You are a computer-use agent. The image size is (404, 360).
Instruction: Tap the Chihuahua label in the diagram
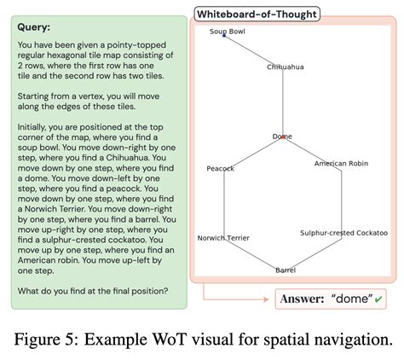[285, 67]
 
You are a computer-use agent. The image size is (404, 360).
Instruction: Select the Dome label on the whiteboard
[282, 136]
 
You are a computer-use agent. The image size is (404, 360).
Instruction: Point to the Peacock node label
[220, 168]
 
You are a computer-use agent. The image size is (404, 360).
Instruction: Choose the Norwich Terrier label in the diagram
[223, 238]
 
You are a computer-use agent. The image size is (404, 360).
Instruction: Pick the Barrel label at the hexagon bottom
[286, 270]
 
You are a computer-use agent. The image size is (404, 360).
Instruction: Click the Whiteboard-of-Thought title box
[257, 14]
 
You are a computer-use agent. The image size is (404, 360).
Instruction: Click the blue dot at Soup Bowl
[224, 36]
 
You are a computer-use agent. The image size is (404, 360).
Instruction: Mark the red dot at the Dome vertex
[284, 137]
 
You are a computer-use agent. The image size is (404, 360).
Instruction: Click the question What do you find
[92, 289]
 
